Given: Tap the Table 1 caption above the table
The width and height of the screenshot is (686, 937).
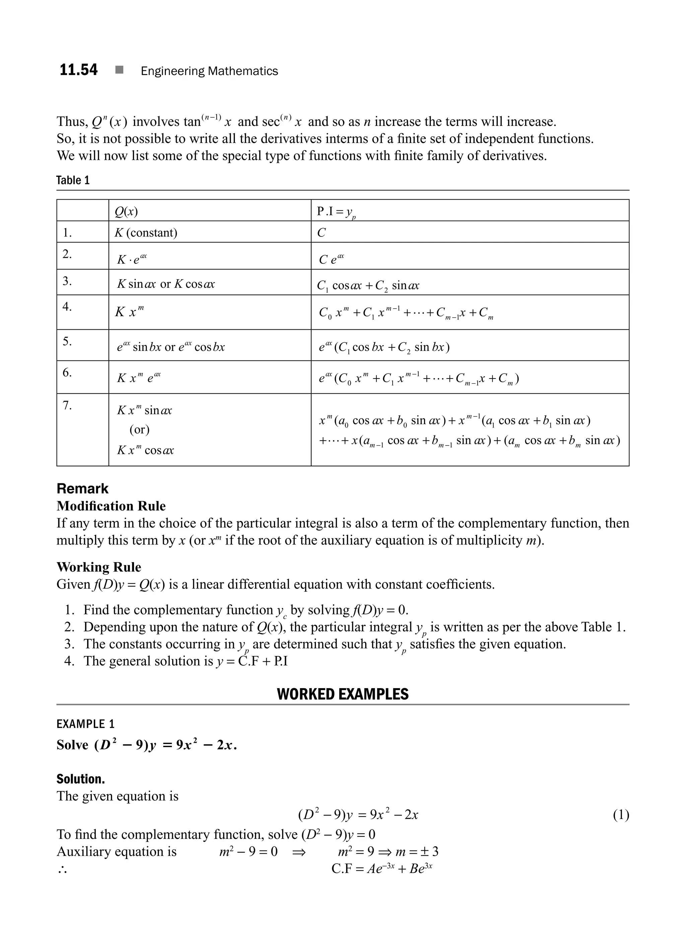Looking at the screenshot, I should [73, 180].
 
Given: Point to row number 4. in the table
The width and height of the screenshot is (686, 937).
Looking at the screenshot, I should [67, 307].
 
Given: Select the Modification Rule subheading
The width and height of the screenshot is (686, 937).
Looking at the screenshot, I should [111, 506].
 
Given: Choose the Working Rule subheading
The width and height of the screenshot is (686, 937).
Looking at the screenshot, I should [99, 567].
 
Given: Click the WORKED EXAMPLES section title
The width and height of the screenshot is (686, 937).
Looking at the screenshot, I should [343, 694].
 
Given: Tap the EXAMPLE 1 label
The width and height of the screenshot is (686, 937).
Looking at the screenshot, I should [85, 724].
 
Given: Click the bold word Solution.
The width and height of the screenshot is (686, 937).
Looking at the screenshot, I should [81, 779].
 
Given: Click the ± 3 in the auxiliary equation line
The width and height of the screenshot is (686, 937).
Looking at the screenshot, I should [429, 852].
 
